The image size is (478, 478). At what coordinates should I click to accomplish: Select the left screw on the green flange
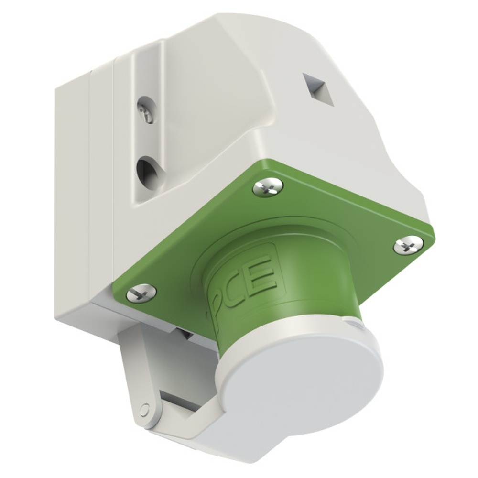pos(141,292)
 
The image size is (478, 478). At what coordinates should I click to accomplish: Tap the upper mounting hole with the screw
pos(147,110)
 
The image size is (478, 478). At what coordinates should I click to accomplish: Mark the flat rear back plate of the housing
pos(72,191)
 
